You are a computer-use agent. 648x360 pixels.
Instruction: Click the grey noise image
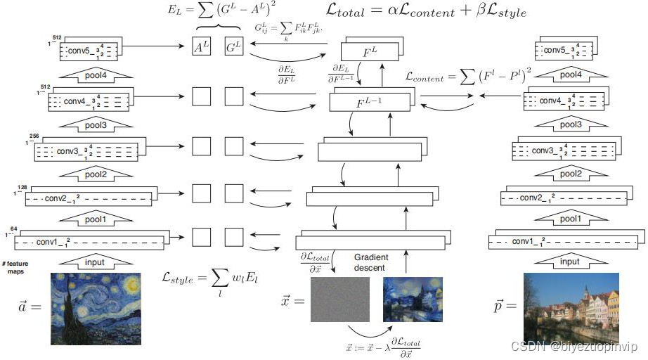click(340, 300)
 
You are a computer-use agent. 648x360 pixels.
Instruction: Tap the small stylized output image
click(413, 300)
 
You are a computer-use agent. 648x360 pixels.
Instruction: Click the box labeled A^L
click(202, 47)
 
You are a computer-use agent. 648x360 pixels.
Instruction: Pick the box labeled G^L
click(234, 47)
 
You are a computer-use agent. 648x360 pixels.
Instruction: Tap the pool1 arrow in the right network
click(570, 219)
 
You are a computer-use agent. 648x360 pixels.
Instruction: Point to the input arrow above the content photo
click(570, 262)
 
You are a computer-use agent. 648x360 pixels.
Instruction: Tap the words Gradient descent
click(371, 263)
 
